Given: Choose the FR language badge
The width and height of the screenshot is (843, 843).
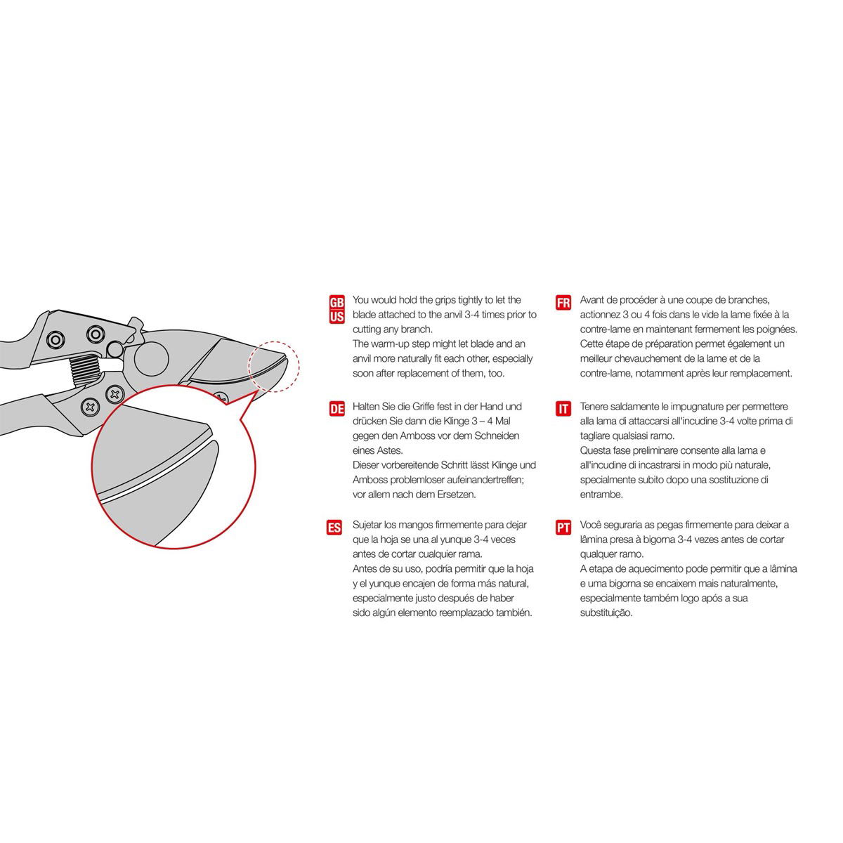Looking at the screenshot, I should pyautogui.click(x=563, y=303).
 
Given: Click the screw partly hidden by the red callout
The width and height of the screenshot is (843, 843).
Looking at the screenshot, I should pyautogui.click(x=223, y=398).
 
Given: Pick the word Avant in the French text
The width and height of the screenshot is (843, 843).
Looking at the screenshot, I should pyautogui.click(x=594, y=300).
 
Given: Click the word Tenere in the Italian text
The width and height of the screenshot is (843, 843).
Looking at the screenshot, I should pyautogui.click(x=596, y=407).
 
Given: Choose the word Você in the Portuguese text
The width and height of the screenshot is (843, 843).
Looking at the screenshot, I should pyautogui.click(x=593, y=525).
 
